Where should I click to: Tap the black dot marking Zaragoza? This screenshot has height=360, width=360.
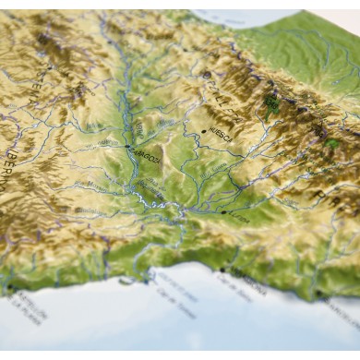pyautogui.click(x=127, y=146)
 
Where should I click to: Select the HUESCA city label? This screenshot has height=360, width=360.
pyautogui.click(x=223, y=135)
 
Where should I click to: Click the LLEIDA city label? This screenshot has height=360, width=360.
pyautogui.click(x=237, y=219)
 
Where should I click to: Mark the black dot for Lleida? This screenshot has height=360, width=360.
pyautogui.click(x=222, y=212)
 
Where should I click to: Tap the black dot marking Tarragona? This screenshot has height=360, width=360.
pyautogui.click(x=222, y=270)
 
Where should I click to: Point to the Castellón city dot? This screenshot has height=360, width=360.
pyautogui.click(x=10, y=288)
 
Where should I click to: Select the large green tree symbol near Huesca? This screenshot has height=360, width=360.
pyautogui.click(x=271, y=103)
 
